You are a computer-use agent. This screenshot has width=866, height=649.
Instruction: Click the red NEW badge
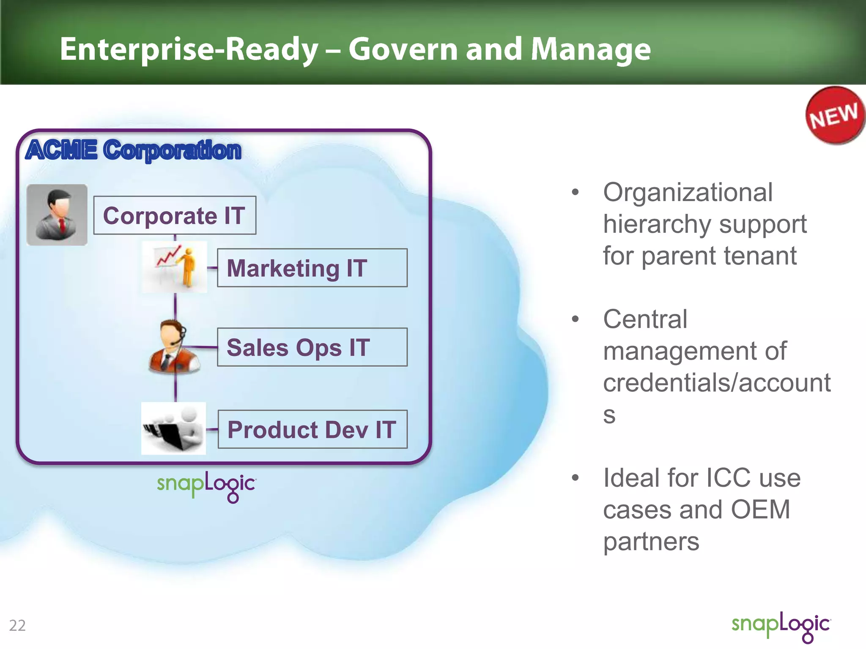pos(834,115)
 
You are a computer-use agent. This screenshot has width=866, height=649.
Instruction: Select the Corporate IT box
pos(174,215)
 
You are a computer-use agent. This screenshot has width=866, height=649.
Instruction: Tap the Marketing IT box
pos(312,268)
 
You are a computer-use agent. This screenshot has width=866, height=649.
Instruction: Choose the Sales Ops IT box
pos(312,347)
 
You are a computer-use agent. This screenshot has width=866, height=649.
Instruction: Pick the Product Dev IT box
pos(312,429)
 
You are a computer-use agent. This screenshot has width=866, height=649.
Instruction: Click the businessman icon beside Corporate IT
pos(57,215)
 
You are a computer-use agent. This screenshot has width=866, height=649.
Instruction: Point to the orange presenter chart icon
pos(175,267)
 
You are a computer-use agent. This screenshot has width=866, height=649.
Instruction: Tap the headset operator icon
pos(173,347)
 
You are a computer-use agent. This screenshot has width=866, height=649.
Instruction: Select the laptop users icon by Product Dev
pos(173,428)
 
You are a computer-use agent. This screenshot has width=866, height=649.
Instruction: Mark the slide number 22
pos(17,625)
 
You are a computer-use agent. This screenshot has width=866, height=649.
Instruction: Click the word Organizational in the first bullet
pos(688,192)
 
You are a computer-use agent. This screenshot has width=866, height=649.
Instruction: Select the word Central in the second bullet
pos(645,319)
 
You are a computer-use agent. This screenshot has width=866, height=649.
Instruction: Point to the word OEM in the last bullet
pos(760,510)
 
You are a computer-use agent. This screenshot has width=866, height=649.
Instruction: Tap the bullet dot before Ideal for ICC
pos(575,478)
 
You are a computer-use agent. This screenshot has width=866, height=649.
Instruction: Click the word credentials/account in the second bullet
pos(717,383)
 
